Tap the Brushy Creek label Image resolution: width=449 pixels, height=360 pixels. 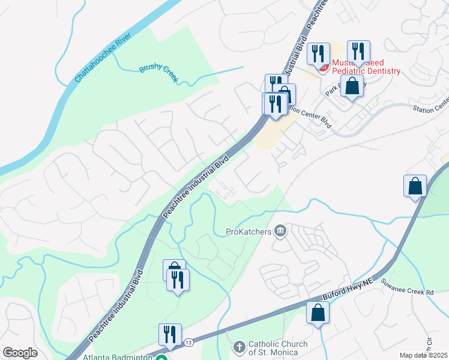[x=160, y=74]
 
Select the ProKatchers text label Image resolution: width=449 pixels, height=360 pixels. [x=249, y=231]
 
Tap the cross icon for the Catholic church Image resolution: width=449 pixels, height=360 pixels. [x=239, y=347]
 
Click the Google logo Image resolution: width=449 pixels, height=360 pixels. [x=20, y=353]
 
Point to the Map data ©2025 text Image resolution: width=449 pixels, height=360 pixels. [x=423, y=355]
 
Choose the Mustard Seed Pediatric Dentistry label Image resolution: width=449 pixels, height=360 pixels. [x=365, y=67]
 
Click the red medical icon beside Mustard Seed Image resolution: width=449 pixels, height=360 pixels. [x=323, y=67]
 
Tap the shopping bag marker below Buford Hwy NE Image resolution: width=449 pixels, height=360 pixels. [x=318, y=313]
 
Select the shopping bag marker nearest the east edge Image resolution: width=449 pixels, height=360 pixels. [x=415, y=186]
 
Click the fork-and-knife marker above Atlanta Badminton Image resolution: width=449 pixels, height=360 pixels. [x=170, y=335]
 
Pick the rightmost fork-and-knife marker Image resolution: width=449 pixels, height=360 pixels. [x=358, y=52]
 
